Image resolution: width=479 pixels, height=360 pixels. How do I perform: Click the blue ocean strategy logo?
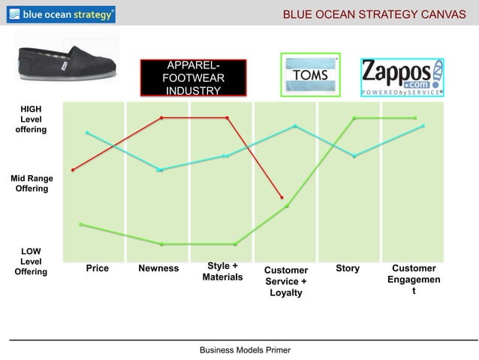coord(62,14)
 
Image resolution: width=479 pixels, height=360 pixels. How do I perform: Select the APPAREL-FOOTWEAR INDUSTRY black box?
coord(194,78)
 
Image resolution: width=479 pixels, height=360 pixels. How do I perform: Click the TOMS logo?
coord(310,75)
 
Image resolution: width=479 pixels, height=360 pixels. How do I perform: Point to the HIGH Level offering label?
coord(31,119)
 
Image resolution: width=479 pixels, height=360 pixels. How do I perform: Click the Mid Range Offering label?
coord(30,183)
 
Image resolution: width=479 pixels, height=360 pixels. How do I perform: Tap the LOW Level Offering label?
coord(31,262)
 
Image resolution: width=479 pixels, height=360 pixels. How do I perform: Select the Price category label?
coord(97,268)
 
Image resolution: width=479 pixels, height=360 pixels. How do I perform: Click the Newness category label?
coord(158,268)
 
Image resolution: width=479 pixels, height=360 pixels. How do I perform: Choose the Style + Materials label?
coord(222,271)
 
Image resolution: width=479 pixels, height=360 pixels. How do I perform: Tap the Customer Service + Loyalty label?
coord(285,281)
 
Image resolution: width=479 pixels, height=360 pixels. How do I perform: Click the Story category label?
coord(348,268)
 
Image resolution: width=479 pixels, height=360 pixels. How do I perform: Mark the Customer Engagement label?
coord(414,279)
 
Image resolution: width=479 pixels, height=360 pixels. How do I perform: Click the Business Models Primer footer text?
coord(244,350)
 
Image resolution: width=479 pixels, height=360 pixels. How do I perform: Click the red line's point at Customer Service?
coord(282,198)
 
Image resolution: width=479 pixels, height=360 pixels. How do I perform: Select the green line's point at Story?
coord(354,118)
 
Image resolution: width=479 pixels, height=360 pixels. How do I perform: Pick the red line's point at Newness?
coord(161,117)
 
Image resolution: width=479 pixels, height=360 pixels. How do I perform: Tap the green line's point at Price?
coord(81,224)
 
